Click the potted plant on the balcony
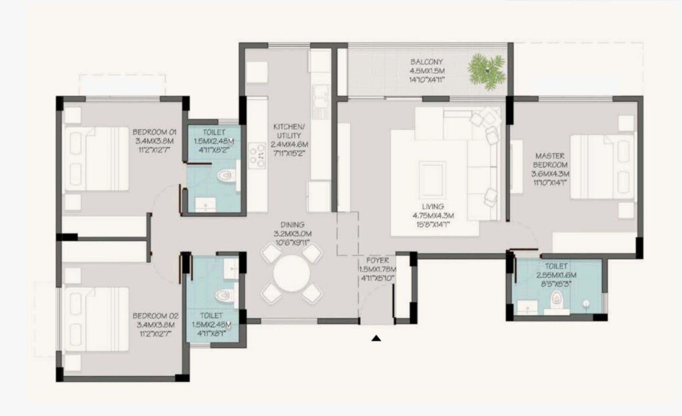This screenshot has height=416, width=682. (486, 69)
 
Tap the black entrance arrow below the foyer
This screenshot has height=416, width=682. (376, 339)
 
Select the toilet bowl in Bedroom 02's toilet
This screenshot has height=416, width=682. (224, 295)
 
